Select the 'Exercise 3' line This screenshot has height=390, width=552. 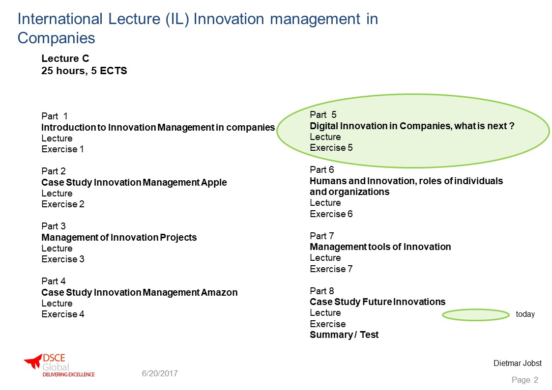click(x=63, y=259)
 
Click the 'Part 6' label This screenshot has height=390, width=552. click(x=322, y=170)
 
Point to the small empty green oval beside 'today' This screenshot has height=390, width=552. click(x=476, y=315)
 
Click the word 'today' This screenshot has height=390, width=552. click(x=525, y=314)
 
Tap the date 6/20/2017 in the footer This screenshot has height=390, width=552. click(x=160, y=373)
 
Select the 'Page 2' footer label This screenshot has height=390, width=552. click(x=525, y=380)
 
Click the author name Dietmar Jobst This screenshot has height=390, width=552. click(x=518, y=363)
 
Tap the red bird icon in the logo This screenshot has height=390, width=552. click(x=33, y=361)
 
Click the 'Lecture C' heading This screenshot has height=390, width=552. click(x=65, y=58)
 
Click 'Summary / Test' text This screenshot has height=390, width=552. click(x=344, y=335)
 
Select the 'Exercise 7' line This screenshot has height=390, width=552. click(x=331, y=269)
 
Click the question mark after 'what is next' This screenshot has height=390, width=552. click(x=512, y=126)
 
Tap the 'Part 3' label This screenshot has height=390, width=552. click(x=54, y=226)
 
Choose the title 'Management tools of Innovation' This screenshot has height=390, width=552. click(x=380, y=247)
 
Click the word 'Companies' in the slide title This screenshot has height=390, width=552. click(x=57, y=38)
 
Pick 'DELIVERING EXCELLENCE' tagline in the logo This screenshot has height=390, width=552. click(x=69, y=374)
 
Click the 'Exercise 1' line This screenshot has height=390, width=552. click(x=62, y=149)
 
